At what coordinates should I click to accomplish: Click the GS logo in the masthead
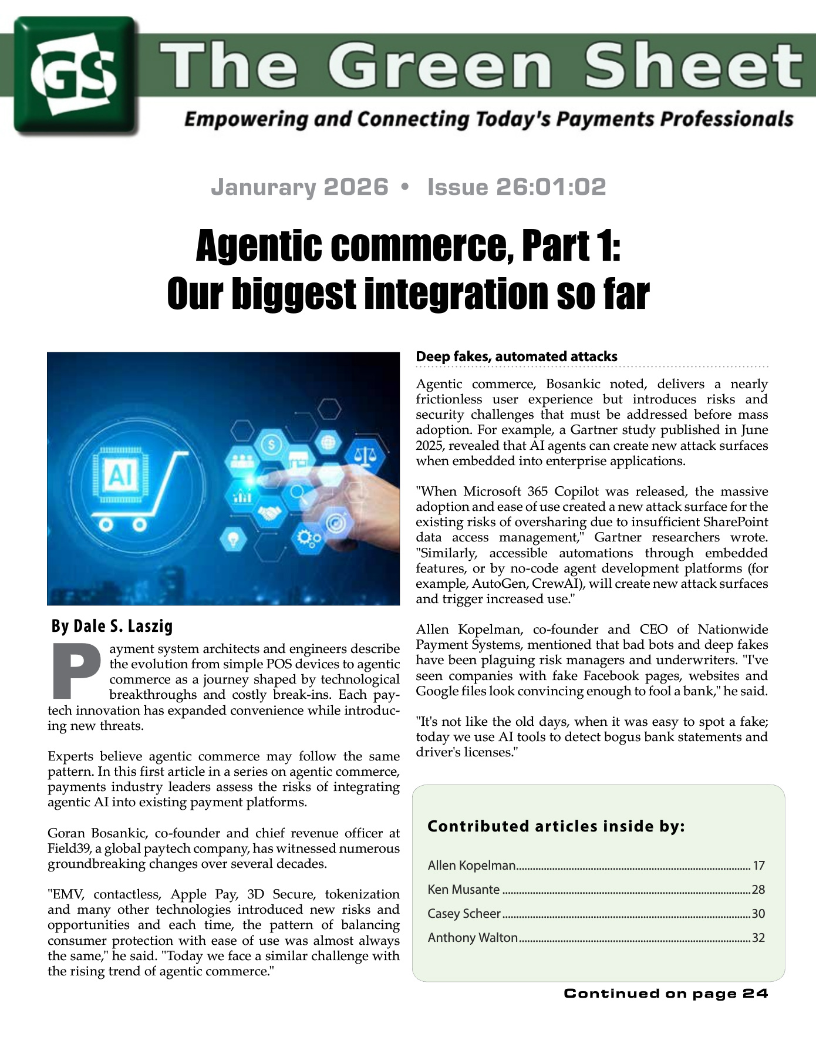coord(75,75)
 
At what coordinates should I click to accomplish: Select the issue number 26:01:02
coord(551,187)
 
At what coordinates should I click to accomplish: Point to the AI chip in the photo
coord(122,473)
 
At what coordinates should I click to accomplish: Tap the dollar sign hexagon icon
coord(271,445)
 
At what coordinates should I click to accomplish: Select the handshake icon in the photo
coord(269,514)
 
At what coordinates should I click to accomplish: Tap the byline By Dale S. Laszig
coord(112,627)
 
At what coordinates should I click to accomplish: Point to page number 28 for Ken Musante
coord(758,890)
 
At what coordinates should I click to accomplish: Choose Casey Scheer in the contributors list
coord(464,914)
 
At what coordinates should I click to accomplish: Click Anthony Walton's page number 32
coord(758,938)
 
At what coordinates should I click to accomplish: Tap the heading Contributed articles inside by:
coord(556,826)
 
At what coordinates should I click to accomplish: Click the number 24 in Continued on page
coord(756,994)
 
